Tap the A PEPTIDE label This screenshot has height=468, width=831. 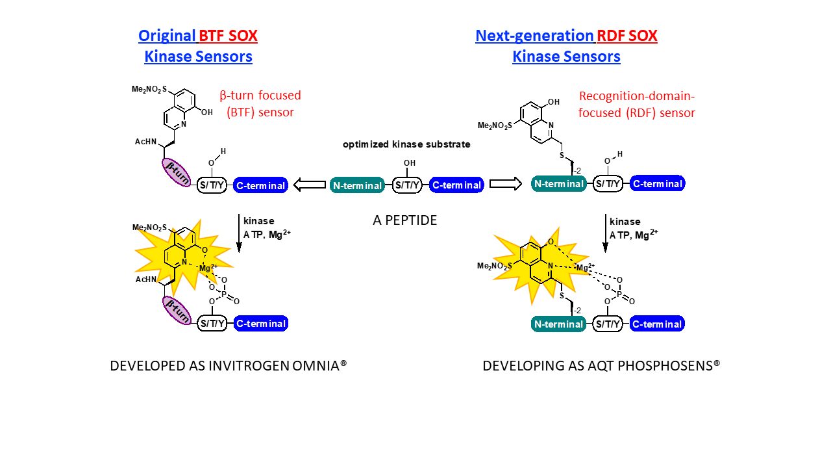click(x=404, y=220)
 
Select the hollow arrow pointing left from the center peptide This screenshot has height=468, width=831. click(x=310, y=185)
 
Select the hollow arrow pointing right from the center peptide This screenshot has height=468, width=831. click(x=506, y=184)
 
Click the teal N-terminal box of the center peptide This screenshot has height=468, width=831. click(x=357, y=185)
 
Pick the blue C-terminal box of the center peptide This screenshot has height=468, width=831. click(x=456, y=185)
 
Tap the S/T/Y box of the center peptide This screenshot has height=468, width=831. click(x=407, y=185)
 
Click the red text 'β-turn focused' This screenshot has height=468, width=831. click(x=260, y=96)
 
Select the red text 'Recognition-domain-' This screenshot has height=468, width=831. click(x=636, y=96)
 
